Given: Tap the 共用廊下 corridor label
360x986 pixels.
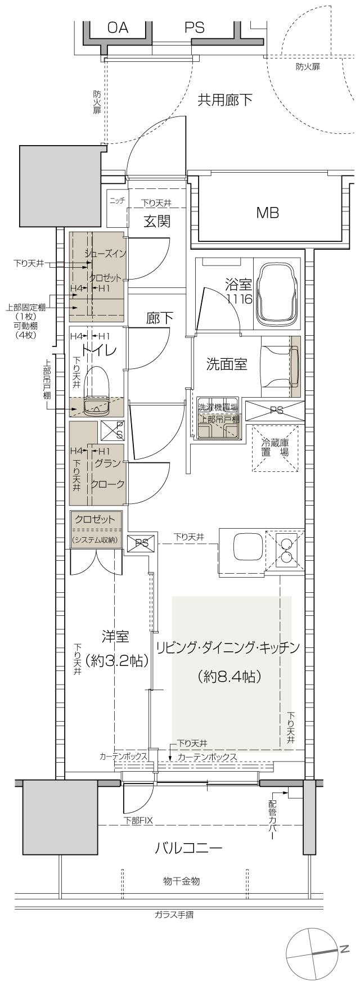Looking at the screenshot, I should point(225,100).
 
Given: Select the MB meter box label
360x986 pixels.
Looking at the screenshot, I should point(267,213).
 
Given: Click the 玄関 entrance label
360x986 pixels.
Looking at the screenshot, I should point(157,221).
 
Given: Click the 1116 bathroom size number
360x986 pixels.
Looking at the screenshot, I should point(239,299).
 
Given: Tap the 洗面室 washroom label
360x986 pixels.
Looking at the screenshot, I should point(227,364).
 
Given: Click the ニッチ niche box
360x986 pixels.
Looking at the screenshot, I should point(117,201).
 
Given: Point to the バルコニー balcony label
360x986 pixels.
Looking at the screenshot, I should point(188,848).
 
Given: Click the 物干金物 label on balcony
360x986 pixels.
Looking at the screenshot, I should point(182,881).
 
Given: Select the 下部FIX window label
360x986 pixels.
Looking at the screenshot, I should point(138,821).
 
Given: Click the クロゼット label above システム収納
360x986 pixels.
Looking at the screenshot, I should point(94,519).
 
